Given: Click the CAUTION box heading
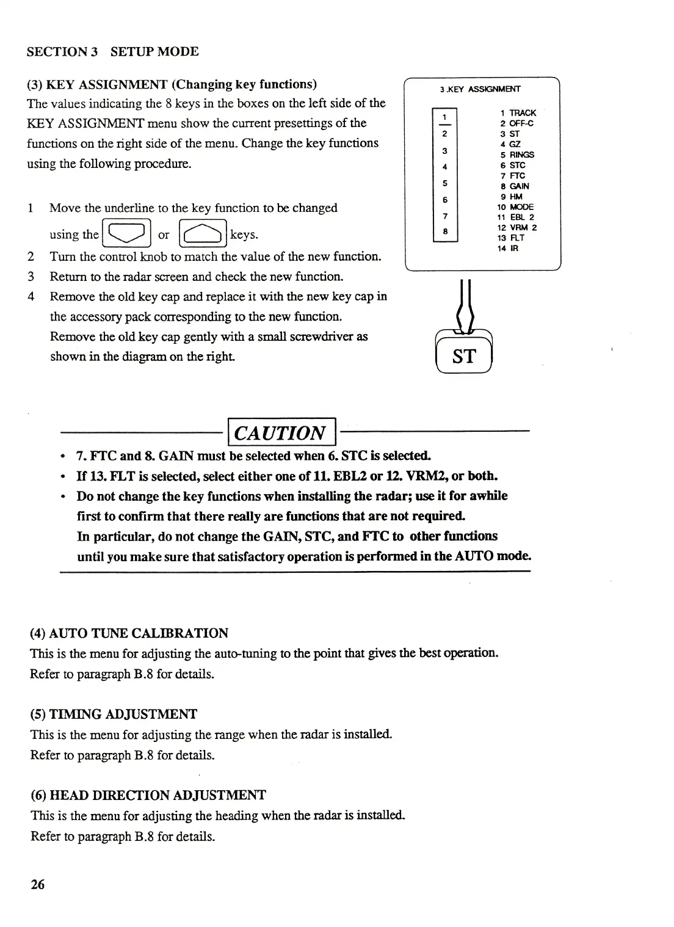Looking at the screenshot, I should click(x=281, y=433).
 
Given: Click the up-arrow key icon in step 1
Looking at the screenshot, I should click(x=203, y=233).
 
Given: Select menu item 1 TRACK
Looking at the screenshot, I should click(x=518, y=113).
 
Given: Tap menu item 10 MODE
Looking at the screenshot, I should click(x=515, y=207).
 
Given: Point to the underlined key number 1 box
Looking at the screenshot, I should click(x=445, y=117).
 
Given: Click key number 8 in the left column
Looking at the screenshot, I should click(x=445, y=231).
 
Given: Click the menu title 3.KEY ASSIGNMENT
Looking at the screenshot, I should click(x=480, y=89).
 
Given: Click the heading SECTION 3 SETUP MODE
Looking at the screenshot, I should click(x=113, y=52).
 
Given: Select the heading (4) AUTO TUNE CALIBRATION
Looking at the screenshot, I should click(x=129, y=633).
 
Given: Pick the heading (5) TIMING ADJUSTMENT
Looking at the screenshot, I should click(x=114, y=714).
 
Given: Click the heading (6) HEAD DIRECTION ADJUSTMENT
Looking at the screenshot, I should click(x=148, y=795).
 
